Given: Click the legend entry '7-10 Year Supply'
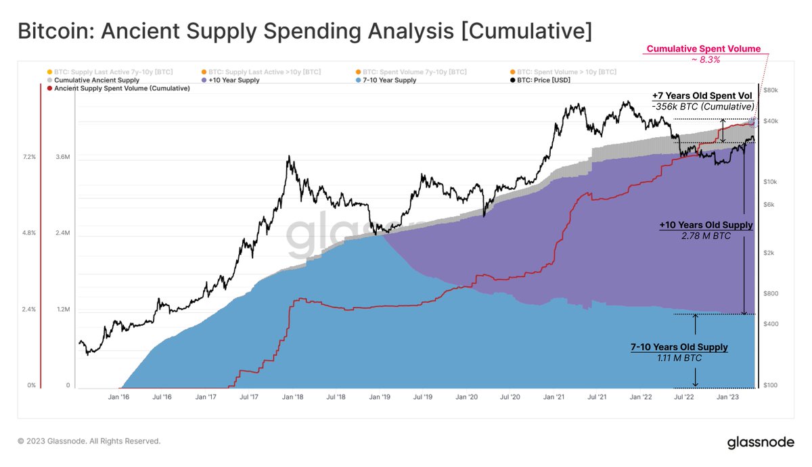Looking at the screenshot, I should click(x=390, y=80).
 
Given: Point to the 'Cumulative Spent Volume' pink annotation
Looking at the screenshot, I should click(x=703, y=49).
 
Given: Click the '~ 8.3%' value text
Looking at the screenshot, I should click(x=704, y=59).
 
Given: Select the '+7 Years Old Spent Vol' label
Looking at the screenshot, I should click(x=702, y=96).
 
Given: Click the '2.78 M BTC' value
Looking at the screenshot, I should click(x=706, y=236).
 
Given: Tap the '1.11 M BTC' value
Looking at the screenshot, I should click(x=679, y=358).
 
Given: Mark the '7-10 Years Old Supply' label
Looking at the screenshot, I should click(x=679, y=347).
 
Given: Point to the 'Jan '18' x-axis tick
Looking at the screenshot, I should click(x=292, y=397).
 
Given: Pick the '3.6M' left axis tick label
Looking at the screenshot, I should click(x=63, y=157).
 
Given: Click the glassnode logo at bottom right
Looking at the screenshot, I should click(x=760, y=442).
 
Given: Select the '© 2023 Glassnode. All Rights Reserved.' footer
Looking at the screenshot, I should click(x=89, y=441).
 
